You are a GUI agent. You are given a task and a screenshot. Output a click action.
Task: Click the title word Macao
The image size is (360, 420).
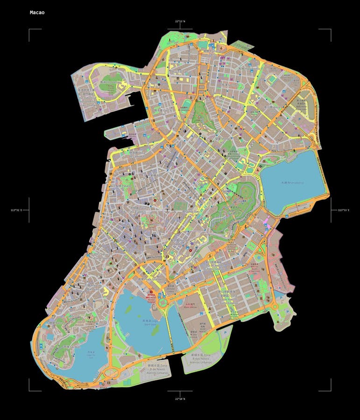pyautogui.click(x=37, y=12)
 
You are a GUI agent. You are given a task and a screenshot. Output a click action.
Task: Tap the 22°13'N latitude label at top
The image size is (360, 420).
pyautogui.click(x=180, y=21)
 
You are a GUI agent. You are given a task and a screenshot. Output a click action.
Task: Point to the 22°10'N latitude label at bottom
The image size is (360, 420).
pyautogui.click(x=180, y=399)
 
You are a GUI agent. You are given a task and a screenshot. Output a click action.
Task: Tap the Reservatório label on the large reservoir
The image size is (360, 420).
pyautogui.click(x=292, y=182)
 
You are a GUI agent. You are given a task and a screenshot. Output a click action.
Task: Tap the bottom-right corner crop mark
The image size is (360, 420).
pyautogui.click(x=330, y=390)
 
